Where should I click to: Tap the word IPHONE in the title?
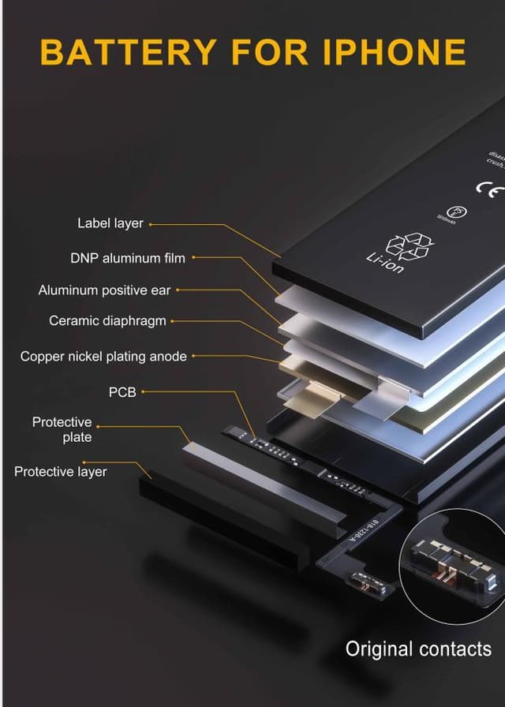pos(395,52)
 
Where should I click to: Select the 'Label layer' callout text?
pos(110,223)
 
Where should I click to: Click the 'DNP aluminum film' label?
pos(128,258)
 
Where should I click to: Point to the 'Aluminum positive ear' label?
pos(104,290)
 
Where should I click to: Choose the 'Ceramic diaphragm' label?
pos(107,321)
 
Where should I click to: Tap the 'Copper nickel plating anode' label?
pos(103,357)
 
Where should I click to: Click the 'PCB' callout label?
pos(122,391)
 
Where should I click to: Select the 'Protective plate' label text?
pos(62,430)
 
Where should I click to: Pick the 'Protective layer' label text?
pos(60,472)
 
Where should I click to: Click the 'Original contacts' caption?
pos(418,649)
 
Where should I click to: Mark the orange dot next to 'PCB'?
pos(143,391)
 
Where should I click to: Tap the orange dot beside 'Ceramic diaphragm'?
pos(173,321)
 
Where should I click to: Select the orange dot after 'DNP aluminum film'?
pos(193,258)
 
